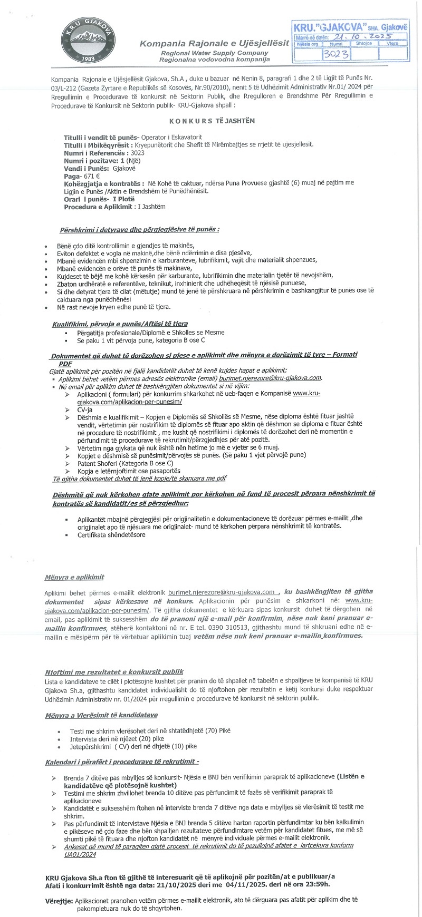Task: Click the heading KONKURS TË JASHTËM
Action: click(x=212, y=121)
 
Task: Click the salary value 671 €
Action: click(x=91, y=175)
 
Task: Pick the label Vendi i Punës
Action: click(x=86, y=168)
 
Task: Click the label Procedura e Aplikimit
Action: click(x=99, y=207)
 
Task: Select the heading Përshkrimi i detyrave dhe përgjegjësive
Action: click(x=139, y=230)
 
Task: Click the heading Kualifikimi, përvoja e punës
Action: click(x=120, y=324)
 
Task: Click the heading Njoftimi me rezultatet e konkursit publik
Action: click(x=114, y=671)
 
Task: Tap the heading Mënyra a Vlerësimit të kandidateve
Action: click(x=101, y=715)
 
